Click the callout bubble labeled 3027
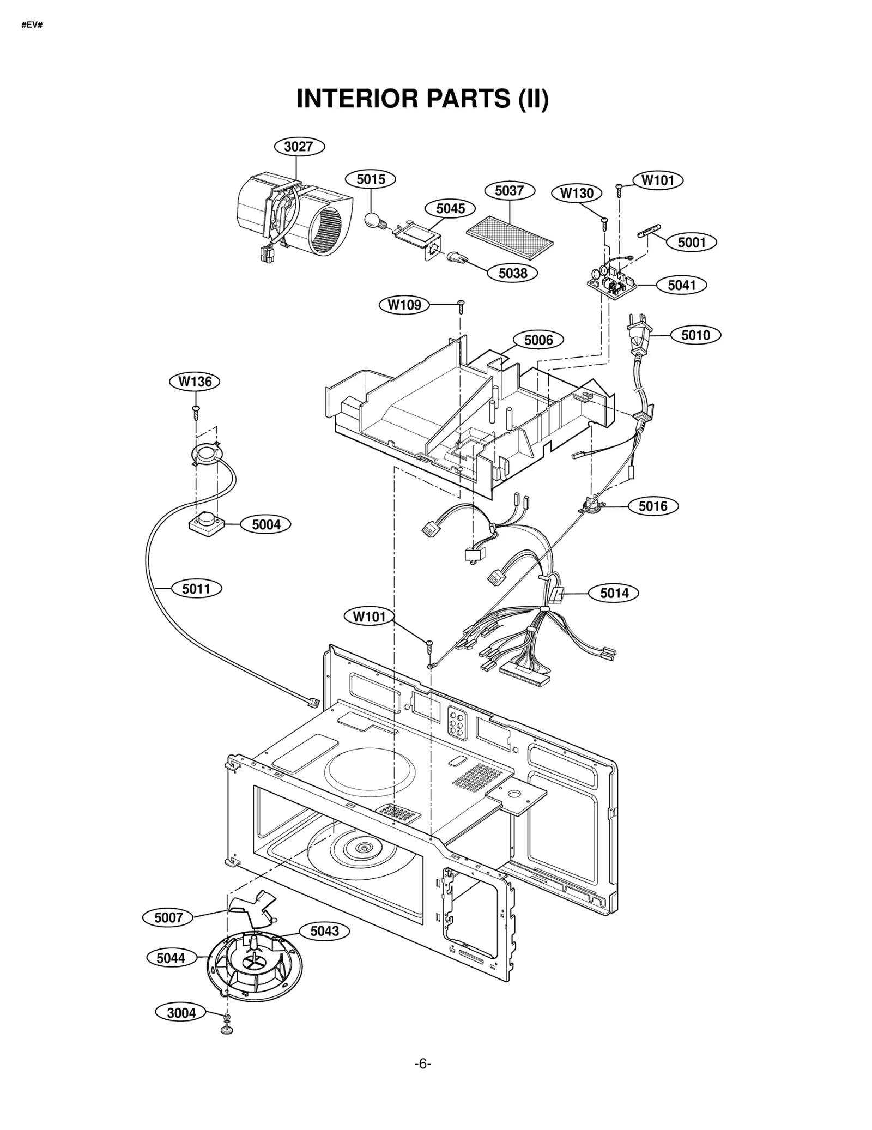[299, 147]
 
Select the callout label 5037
[509, 191]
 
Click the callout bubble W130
[577, 193]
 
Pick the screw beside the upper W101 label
[619, 189]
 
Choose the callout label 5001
[692, 243]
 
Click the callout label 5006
[538, 340]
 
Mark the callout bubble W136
[195, 382]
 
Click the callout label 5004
[266, 524]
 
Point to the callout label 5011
[196, 589]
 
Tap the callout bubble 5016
[653, 506]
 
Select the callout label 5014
[614, 593]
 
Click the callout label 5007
[168, 917]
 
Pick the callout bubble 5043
[324, 931]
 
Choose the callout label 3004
[181, 1013]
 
